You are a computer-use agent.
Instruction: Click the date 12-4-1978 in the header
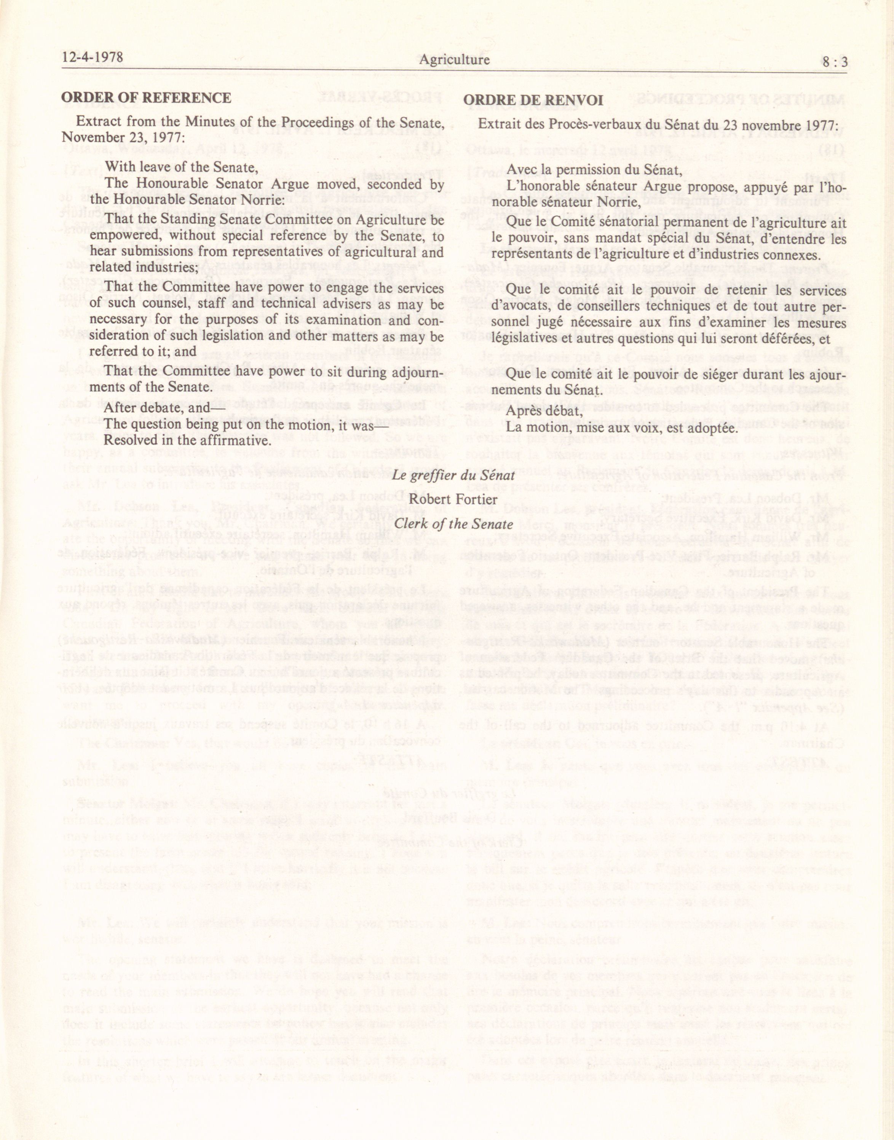pyautogui.click(x=92, y=57)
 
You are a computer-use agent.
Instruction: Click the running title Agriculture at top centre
pyautogui.click(x=454, y=60)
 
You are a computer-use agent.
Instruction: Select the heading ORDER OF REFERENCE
pyautogui.click(x=146, y=98)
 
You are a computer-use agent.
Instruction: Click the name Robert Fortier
pyautogui.click(x=453, y=499)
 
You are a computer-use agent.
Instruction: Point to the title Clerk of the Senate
pyautogui.click(x=453, y=523)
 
